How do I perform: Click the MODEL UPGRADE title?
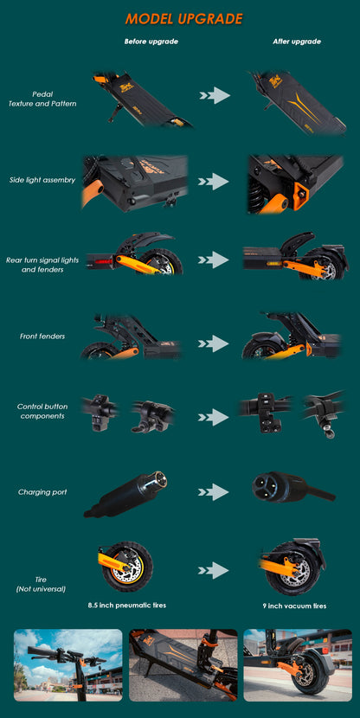[183, 19]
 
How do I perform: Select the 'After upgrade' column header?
[297, 42]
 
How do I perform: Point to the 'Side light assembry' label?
[42, 179]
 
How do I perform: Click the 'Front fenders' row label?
[42, 336]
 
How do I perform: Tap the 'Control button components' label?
[42, 411]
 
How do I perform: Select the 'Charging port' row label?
[42, 491]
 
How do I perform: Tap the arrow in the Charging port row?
[213, 492]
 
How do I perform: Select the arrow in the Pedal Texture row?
[213, 95]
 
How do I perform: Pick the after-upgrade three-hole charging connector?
[277, 486]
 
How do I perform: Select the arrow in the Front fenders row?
[213, 343]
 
